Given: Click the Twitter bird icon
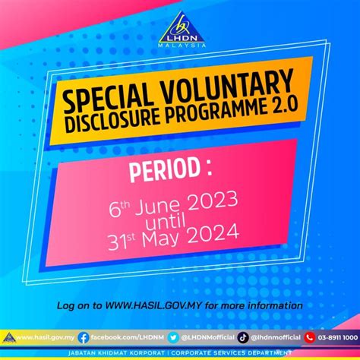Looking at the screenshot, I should pos(173,336).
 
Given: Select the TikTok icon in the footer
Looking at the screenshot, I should pos(242,336).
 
